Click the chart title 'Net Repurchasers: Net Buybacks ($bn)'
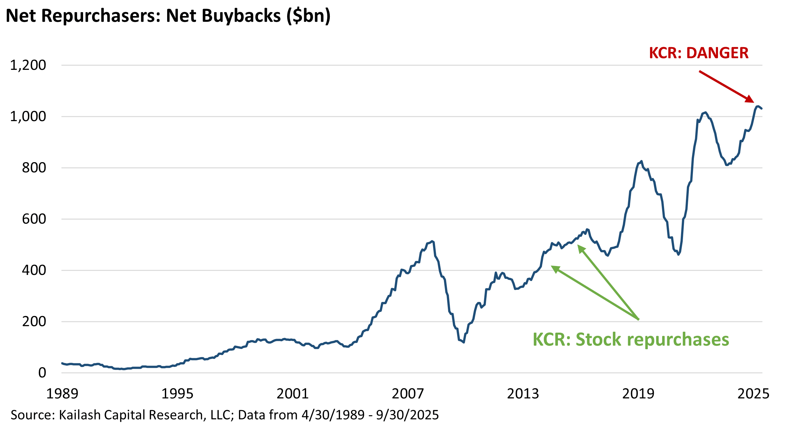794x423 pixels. pyautogui.click(x=168, y=16)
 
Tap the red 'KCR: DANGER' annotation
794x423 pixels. pyautogui.click(x=699, y=53)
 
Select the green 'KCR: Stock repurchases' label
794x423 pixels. pyautogui.click(x=631, y=339)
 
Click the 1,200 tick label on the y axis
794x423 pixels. pyautogui.click(x=28, y=65)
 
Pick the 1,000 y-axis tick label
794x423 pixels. pyautogui.click(x=28, y=117)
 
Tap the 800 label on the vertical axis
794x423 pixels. pyautogui.click(x=34, y=168)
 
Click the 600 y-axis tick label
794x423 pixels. pyautogui.click(x=34, y=219)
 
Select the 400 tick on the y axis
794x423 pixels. pyautogui.click(x=34, y=270)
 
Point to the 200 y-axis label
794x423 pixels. pyautogui.click(x=34, y=321)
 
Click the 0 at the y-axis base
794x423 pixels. pyautogui.click(x=42, y=373)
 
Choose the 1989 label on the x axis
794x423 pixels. pyautogui.click(x=62, y=394)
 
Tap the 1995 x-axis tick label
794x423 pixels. pyautogui.click(x=177, y=394)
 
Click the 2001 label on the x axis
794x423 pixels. pyautogui.click(x=293, y=394)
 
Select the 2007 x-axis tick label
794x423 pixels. pyautogui.click(x=408, y=394)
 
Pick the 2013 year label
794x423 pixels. pyautogui.click(x=523, y=394)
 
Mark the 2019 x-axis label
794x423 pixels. pyautogui.click(x=638, y=394)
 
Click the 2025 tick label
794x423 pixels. pyautogui.click(x=753, y=394)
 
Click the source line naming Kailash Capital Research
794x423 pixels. pyautogui.click(x=225, y=415)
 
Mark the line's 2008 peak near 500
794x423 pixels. pyautogui.click(x=432, y=241)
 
